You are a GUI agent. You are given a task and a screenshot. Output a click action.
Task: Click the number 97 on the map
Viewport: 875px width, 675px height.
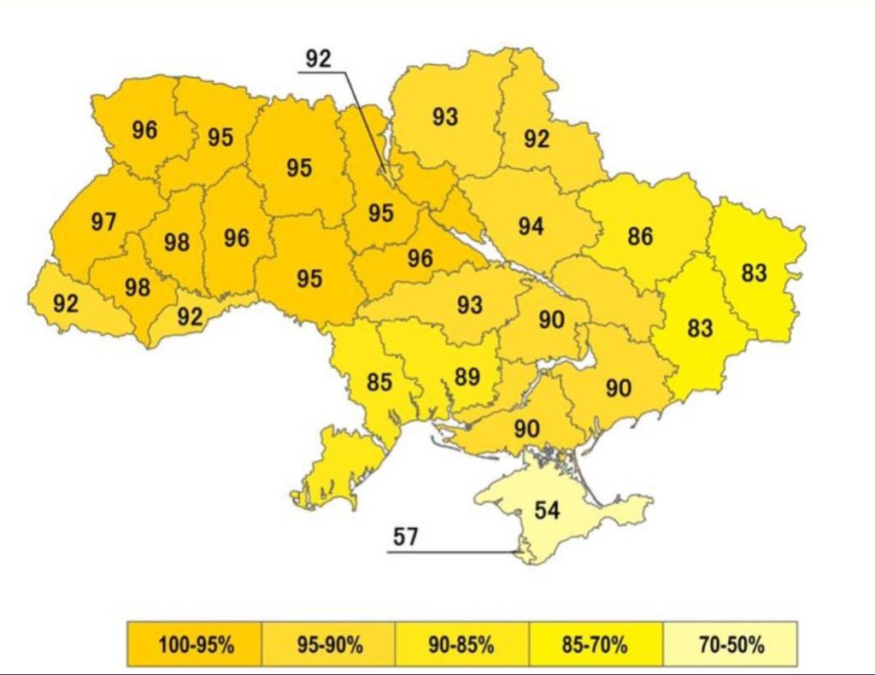point(103,222)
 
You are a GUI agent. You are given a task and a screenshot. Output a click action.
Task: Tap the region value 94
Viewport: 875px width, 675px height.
point(531,226)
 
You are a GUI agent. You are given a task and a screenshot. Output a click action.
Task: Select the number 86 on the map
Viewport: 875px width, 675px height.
point(640,237)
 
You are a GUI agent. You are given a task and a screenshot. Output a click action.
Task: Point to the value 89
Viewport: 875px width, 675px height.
point(467,377)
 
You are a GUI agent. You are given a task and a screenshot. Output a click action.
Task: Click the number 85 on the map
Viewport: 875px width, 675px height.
point(379,381)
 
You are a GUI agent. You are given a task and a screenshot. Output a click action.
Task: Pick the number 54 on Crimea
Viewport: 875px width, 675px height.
point(547,510)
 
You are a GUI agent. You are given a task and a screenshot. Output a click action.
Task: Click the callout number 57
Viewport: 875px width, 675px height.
point(406,537)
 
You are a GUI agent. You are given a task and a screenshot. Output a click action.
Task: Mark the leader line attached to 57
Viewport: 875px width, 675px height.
point(453,552)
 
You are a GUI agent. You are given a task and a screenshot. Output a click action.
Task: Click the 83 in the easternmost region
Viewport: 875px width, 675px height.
point(755,273)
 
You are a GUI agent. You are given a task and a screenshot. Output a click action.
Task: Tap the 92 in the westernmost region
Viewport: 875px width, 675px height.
point(66,303)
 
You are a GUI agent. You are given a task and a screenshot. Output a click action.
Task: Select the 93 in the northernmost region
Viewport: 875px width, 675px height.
point(444,117)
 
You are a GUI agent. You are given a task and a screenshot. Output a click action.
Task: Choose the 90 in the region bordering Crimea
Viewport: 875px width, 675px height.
point(527,428)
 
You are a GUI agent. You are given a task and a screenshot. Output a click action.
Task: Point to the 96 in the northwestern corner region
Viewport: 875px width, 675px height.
point(144,130)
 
